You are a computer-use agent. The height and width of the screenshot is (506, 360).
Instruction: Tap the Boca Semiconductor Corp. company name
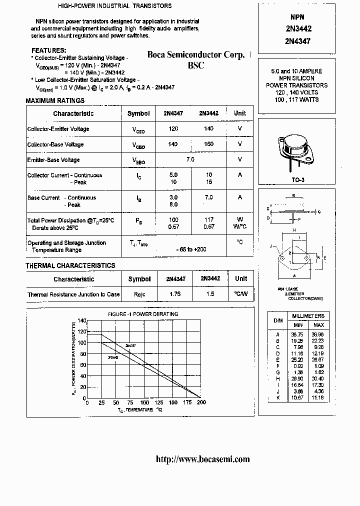195,55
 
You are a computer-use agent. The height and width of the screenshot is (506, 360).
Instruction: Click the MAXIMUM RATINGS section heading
55,101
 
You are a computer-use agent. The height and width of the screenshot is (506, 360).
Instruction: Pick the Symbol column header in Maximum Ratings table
138,113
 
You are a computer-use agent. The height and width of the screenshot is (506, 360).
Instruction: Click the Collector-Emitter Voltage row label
58,129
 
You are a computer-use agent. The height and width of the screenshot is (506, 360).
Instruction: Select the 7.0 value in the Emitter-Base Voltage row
190,159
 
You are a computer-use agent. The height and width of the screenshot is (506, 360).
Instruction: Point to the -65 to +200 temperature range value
190,249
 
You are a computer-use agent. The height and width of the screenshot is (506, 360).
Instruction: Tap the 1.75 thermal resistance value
175,294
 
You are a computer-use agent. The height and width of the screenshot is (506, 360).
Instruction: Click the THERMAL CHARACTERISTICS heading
70,265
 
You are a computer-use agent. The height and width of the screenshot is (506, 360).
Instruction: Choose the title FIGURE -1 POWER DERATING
143,314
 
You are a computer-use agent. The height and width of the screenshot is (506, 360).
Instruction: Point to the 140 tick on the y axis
82,320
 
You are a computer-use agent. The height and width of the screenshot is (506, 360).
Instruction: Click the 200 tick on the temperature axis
201,403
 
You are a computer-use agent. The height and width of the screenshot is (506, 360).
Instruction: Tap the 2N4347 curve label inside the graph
130,345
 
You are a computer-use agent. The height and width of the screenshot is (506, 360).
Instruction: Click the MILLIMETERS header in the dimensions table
308,316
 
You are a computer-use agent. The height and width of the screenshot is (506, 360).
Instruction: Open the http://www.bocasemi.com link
202,459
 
